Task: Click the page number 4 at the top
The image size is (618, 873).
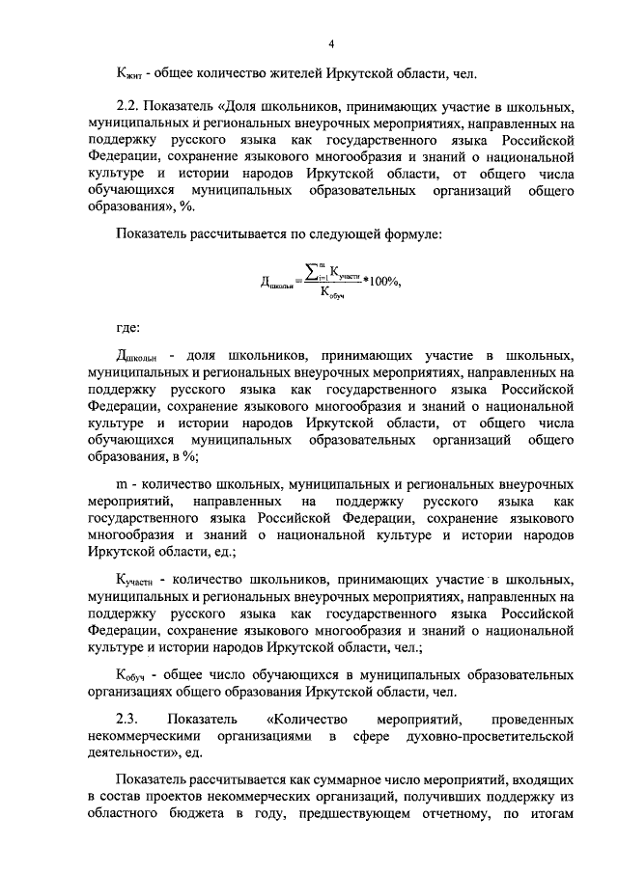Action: coord(330,43)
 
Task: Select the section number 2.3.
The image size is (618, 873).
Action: coord(127,720)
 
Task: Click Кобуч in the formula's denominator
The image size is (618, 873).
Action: coord(334,294)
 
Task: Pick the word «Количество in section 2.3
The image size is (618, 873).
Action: coord(305,720)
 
